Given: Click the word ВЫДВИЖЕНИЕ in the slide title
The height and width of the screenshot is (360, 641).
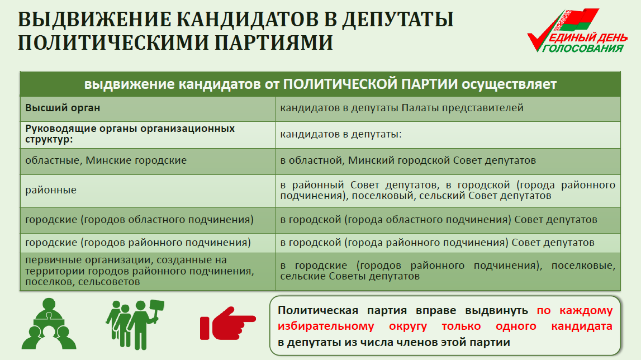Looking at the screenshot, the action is (94, 20).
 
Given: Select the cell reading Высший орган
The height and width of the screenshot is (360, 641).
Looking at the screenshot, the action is (148, 108).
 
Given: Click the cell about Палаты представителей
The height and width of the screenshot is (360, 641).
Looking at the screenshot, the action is (448, 108).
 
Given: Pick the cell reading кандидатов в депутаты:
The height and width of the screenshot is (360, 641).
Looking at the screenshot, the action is (448, 135).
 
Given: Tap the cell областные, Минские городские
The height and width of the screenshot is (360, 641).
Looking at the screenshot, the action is (148, 161).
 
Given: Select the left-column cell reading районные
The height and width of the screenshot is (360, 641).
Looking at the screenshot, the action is (148, 191).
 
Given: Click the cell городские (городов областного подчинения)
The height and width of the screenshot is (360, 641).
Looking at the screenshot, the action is (148, 220).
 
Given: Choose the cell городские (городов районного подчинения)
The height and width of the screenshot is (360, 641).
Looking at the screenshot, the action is (148, 243).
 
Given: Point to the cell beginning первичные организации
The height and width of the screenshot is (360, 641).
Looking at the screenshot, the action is (148, 272).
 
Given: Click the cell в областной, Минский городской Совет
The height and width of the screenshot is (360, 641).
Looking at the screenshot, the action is (448, 161).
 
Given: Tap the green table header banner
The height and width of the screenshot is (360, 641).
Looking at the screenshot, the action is (321, 84).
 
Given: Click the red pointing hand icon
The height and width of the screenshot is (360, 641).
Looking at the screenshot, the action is (227, 323).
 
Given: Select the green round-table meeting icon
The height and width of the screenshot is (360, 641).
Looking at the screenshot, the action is (49, 324).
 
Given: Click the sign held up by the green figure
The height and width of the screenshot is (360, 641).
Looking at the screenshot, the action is (157, 306).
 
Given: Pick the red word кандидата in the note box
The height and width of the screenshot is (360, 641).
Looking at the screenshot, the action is (582, 326).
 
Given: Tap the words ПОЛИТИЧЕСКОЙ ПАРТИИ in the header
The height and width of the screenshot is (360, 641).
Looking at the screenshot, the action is (371, 84).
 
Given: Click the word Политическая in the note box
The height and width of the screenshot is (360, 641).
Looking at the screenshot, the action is (317, 310).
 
